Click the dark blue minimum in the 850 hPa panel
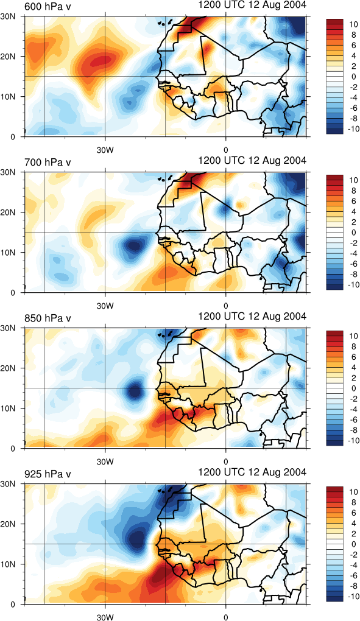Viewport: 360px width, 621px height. (x=135, y=391)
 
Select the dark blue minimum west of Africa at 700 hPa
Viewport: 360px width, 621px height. (x=133, y=246)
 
